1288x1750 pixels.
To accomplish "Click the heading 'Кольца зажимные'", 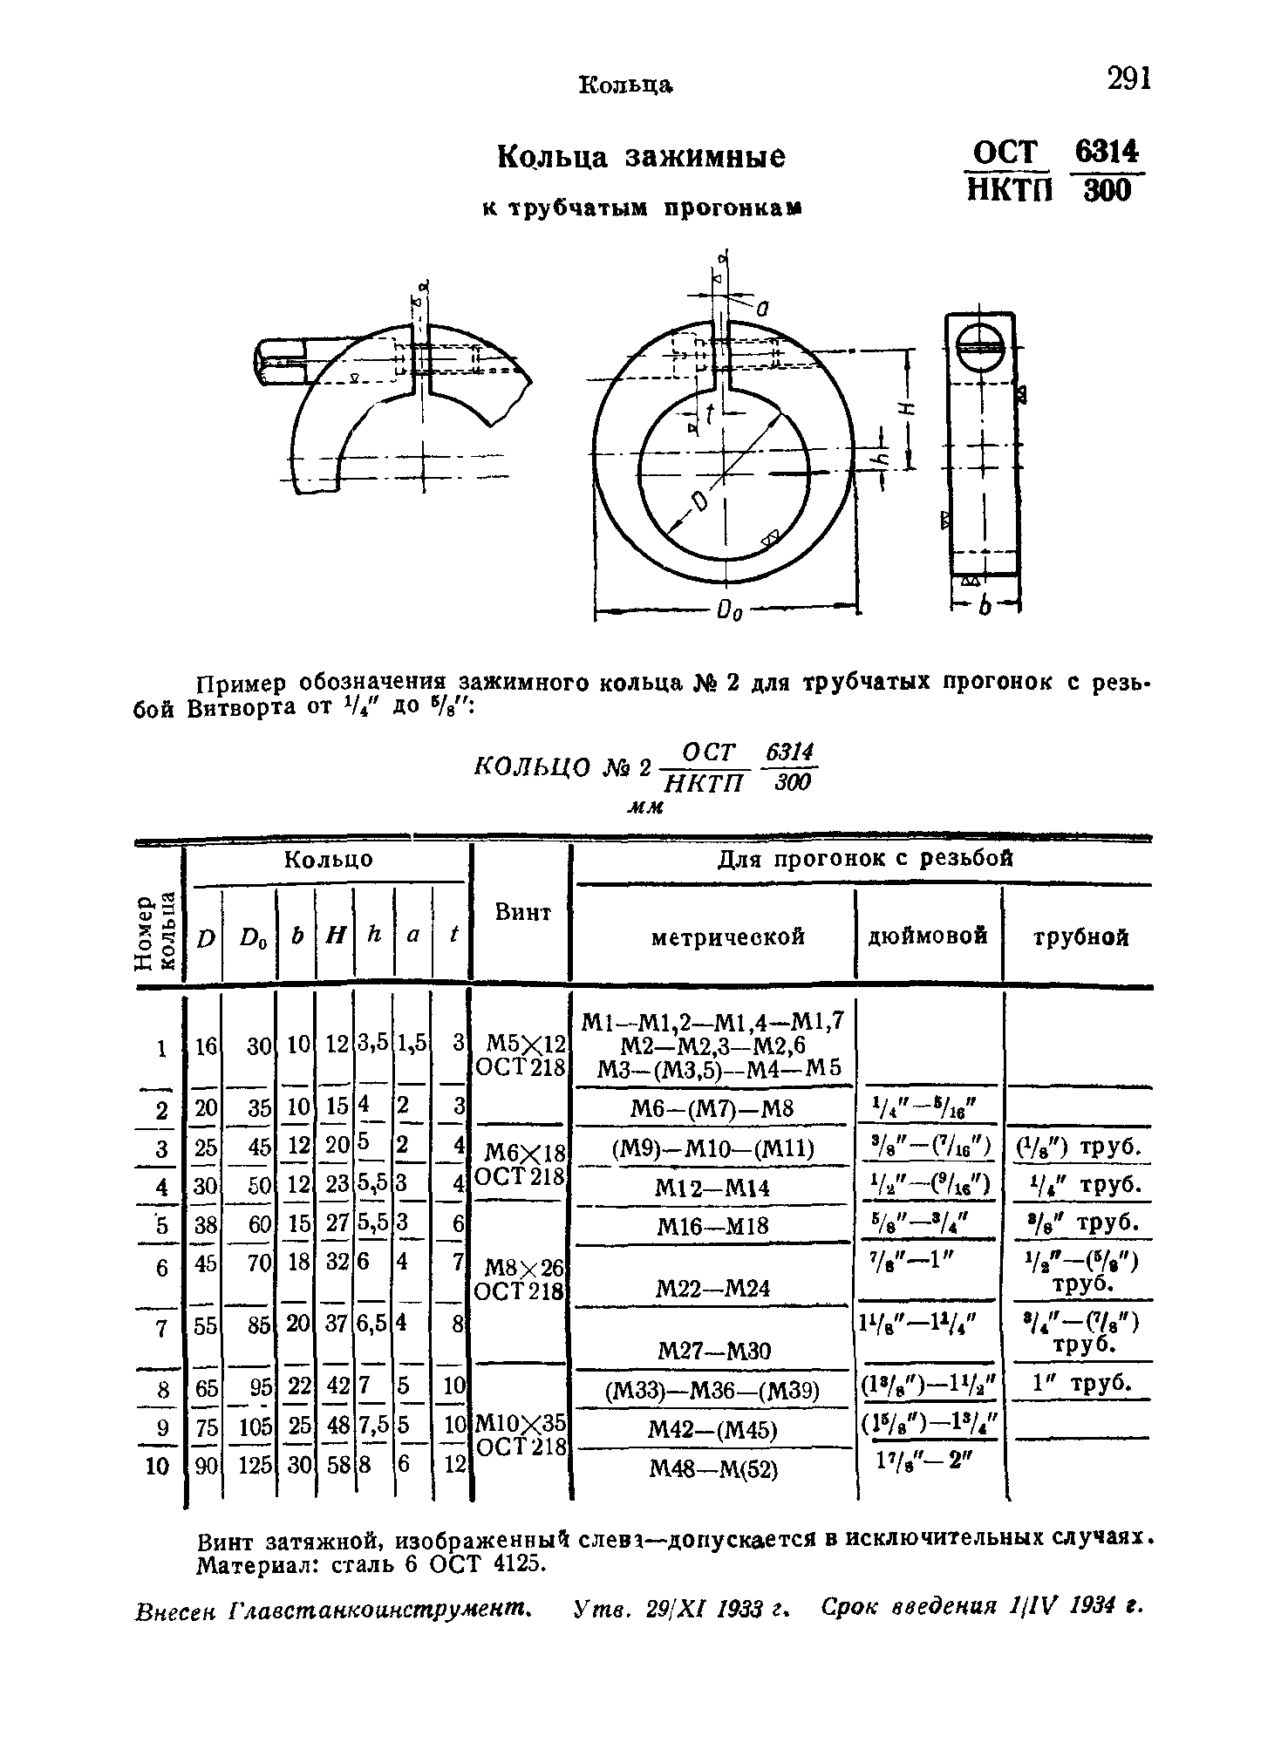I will (641, 157).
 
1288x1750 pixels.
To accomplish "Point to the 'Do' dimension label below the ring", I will (728, 615).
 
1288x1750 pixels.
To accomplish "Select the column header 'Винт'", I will (522, 913).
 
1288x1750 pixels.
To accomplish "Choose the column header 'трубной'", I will (1080, 938).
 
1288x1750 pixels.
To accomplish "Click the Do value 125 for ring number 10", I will (255, 1467).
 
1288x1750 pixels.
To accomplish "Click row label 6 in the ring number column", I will (162, 1267).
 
